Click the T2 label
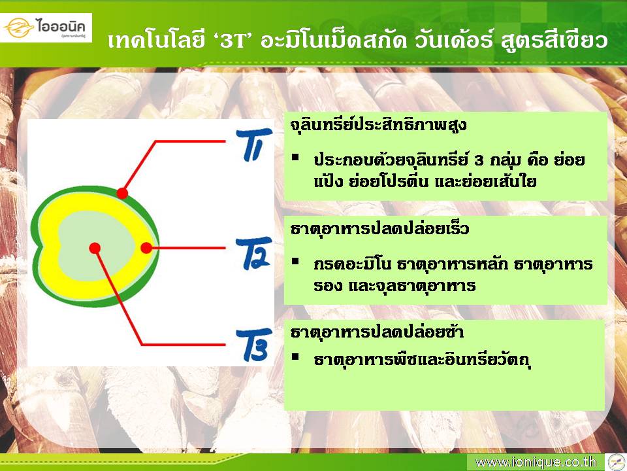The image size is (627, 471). [x=253, y=253]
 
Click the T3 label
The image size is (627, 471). [x=253, y=345]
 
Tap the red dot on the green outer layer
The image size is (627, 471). [x=122, y=194]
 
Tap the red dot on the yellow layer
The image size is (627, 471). [x=146, y=248]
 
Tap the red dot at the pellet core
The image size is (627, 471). [x=95, y=249]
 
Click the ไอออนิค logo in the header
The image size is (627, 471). [x=46, y=27]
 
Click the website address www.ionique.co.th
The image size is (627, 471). [x=536, y=462]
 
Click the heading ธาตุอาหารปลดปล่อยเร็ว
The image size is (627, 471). [x=379, y=229]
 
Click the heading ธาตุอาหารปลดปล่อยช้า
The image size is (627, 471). [x=377, y=332]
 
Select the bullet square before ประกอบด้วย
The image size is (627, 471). [x=295, y=158]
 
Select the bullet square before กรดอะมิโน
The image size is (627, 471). [x=295, y=262]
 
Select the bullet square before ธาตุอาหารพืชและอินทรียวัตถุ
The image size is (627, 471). [x=295, y=357]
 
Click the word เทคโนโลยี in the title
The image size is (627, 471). [x=156, y=40]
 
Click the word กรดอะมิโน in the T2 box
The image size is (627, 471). [x=351, y=265]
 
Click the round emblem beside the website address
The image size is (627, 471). [x=616, y=462]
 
